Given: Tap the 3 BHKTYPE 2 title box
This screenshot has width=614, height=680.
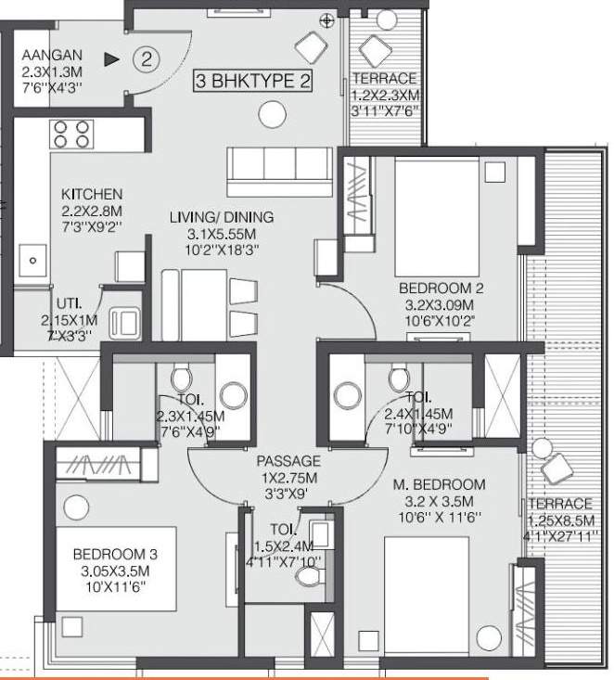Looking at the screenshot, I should point(250,81).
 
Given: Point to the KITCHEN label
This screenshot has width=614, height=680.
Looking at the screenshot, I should point(91,195).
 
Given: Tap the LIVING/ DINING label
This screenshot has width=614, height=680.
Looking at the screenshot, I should point(221,217).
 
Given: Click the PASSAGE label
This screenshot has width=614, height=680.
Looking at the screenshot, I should point(288,460).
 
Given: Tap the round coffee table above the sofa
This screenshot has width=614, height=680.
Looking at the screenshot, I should point(271,114).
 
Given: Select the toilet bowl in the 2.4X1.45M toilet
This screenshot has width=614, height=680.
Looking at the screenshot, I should point(400,378).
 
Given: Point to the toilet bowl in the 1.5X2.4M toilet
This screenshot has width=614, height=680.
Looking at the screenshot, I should point(306,576).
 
